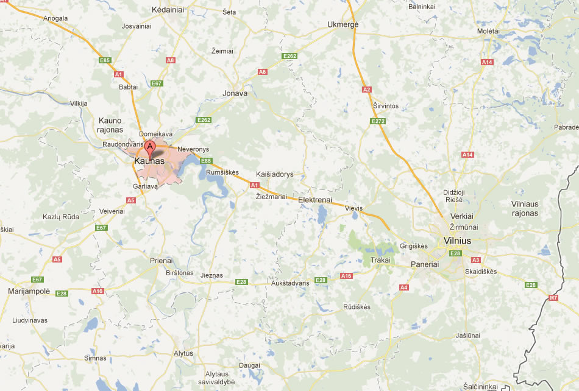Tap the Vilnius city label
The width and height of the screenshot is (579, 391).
click(x=458, y=241)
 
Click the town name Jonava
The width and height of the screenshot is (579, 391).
click(x=235, y=93)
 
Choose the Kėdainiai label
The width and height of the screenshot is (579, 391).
click(x=168, y=10)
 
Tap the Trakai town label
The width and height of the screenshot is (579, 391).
click(x=380, y=261)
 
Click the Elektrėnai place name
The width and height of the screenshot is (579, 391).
click(x=315, y=200)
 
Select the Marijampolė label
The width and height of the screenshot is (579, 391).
click(x=28, y=291)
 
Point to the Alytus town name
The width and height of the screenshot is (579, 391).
click(x=183, y=353)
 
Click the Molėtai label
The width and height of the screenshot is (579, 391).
click(x=489, y=30)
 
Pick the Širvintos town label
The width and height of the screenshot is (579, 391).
click(x=385, y=106)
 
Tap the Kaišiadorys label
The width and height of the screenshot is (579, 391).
click(x=274, y=174)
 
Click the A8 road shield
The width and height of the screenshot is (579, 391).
click(x=171, y=60)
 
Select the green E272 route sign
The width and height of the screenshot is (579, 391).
click(x=378, y=121)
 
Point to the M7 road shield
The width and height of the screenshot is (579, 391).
click(x=553, y=298)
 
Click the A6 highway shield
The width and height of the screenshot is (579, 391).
click(x=263, y=72)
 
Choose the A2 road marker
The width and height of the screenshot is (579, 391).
click(x=366, y=90)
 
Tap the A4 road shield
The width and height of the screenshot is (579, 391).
click(x=403, y=287)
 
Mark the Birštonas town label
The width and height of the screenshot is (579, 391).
click(x=179, y=273)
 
